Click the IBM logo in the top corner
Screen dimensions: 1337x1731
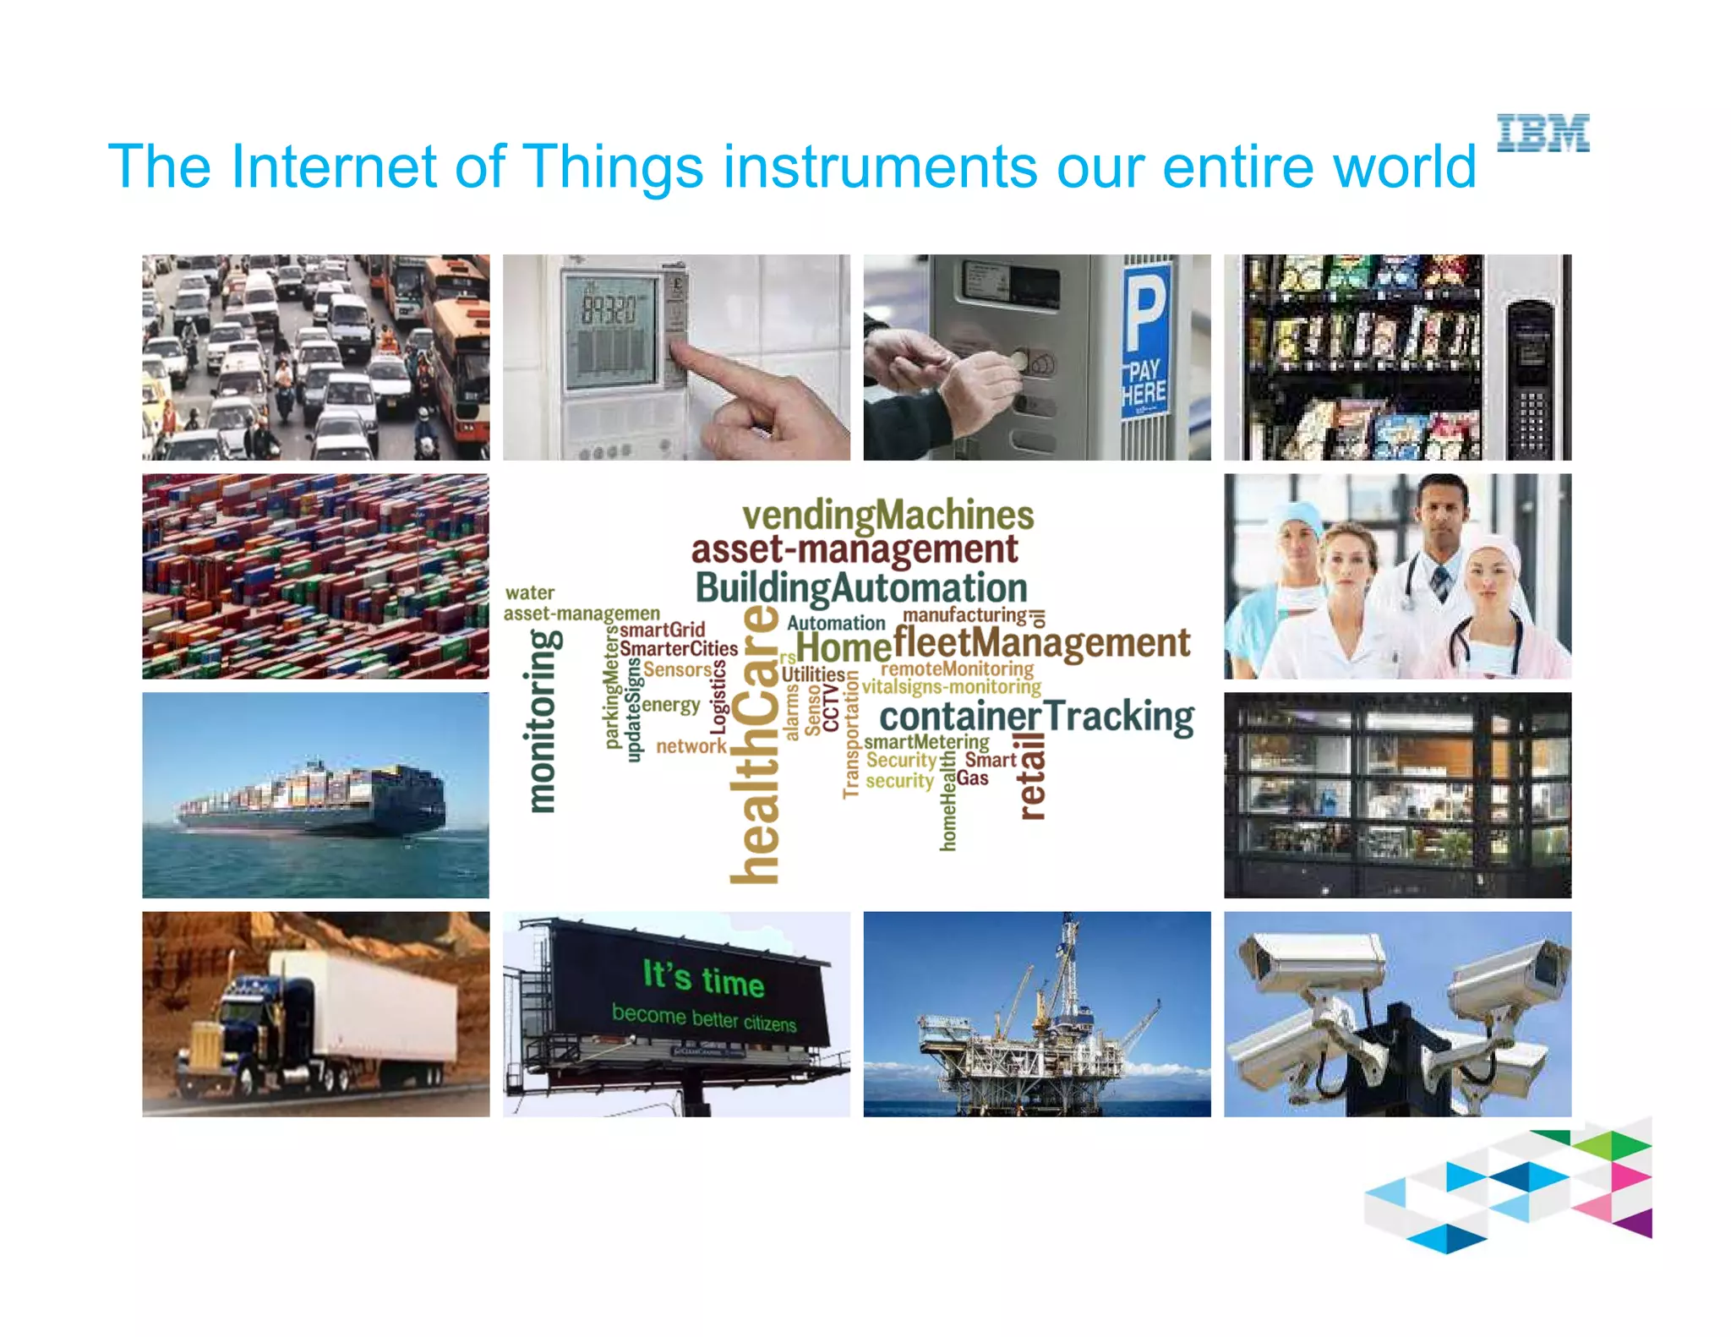[1543, 134]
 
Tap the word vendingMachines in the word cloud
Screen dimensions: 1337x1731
[887, 515]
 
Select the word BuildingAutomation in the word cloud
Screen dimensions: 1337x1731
[860, 587]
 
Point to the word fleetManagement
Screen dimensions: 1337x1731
[1041, 643]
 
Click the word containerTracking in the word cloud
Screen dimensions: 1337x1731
[1036, 718]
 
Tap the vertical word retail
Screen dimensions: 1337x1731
[1032, 776]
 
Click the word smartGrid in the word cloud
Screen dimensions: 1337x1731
[662, 630]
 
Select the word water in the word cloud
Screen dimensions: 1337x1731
[529, 592]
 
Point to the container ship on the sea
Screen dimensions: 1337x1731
[313, 798]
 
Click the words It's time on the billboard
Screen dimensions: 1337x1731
[703, 979]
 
